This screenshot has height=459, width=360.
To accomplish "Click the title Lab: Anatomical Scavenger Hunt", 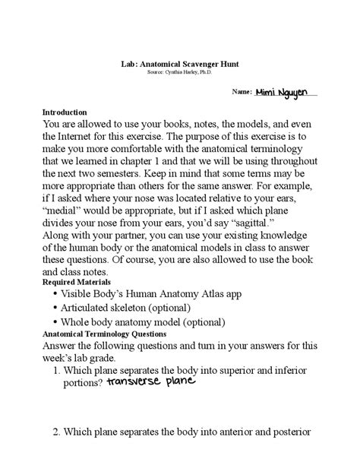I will coord(179,66).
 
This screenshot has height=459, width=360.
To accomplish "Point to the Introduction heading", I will coord(65,111).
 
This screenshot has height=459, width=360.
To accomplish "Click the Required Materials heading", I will coord(76,281).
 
